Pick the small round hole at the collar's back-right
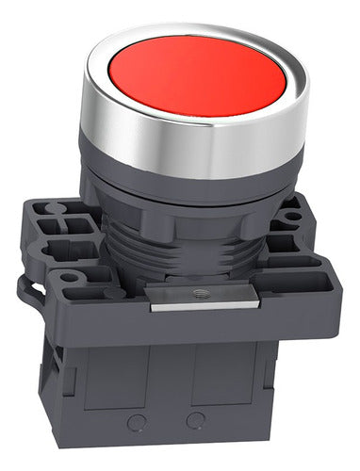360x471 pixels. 294,215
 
